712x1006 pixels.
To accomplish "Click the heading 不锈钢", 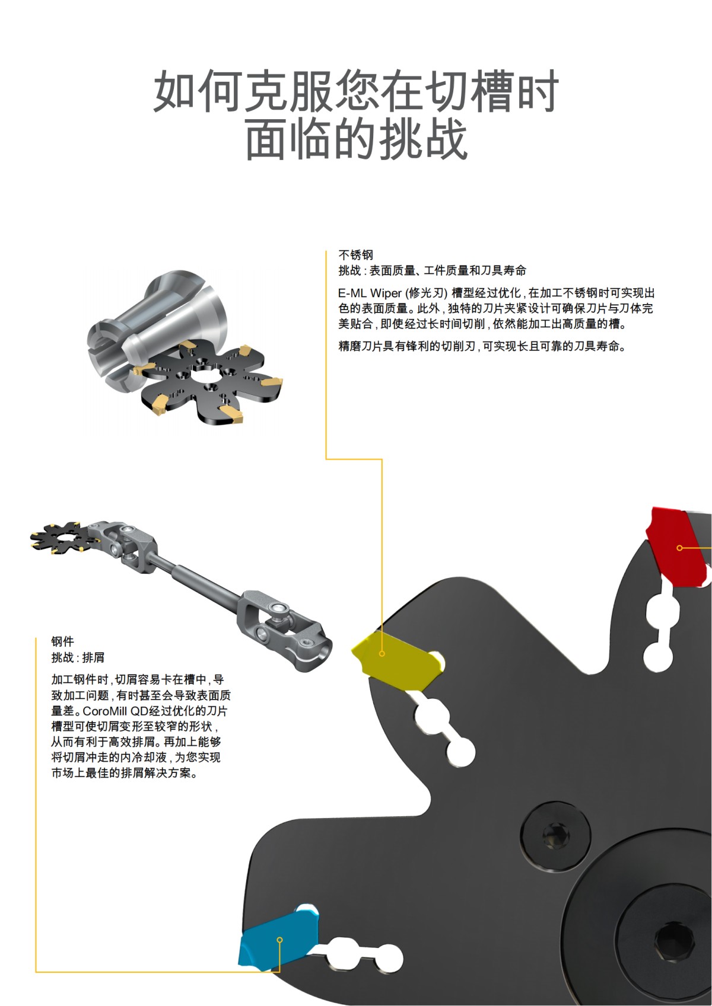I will (x=355, y=255).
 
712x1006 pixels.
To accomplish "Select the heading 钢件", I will (x=62, y=641).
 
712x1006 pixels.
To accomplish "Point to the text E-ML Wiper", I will (x=369, y=293).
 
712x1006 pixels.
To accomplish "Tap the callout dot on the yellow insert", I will (x=382, y=654).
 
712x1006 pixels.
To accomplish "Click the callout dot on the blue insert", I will (x=280, y=940).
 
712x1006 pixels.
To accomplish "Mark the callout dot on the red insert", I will (x=680, y=548).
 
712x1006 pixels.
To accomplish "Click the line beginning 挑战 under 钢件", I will (x=78, y=657).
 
